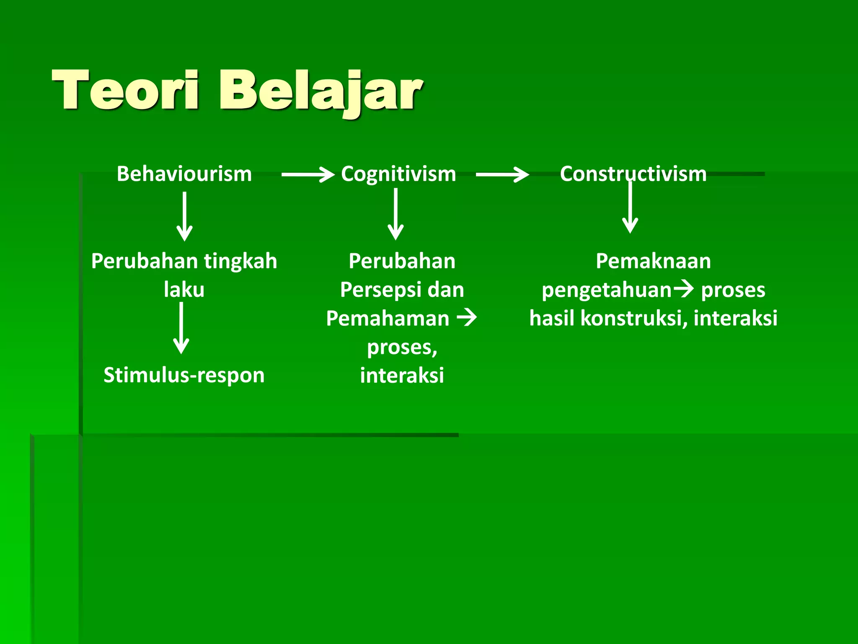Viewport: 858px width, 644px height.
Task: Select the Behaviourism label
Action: tap(184, 174)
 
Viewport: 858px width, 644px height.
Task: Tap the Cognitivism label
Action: tap(398, 174)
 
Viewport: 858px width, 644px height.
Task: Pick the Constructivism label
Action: tap(633, 174)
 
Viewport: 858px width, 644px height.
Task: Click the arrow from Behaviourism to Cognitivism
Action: tap(308, 174)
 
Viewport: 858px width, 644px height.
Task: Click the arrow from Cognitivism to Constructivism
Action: tap(502, 174)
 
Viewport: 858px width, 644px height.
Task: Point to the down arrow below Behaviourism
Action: tap(184, 216)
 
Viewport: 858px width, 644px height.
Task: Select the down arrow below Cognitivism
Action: tap(395, 214)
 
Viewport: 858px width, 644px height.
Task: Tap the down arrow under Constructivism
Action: tap(630, 208)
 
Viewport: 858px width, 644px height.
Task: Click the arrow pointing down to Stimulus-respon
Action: tap(181, 328)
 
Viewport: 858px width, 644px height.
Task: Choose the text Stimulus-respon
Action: tap(184, 375)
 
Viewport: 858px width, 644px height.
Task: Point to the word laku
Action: tap(184, 290)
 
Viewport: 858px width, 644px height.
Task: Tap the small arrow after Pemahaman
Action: tap(467, 318)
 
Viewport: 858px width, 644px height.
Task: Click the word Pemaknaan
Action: tap(653, 261)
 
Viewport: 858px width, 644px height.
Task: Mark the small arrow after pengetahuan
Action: tap(684, 289)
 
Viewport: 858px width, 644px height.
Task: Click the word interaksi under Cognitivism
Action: tap(402, 375)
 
